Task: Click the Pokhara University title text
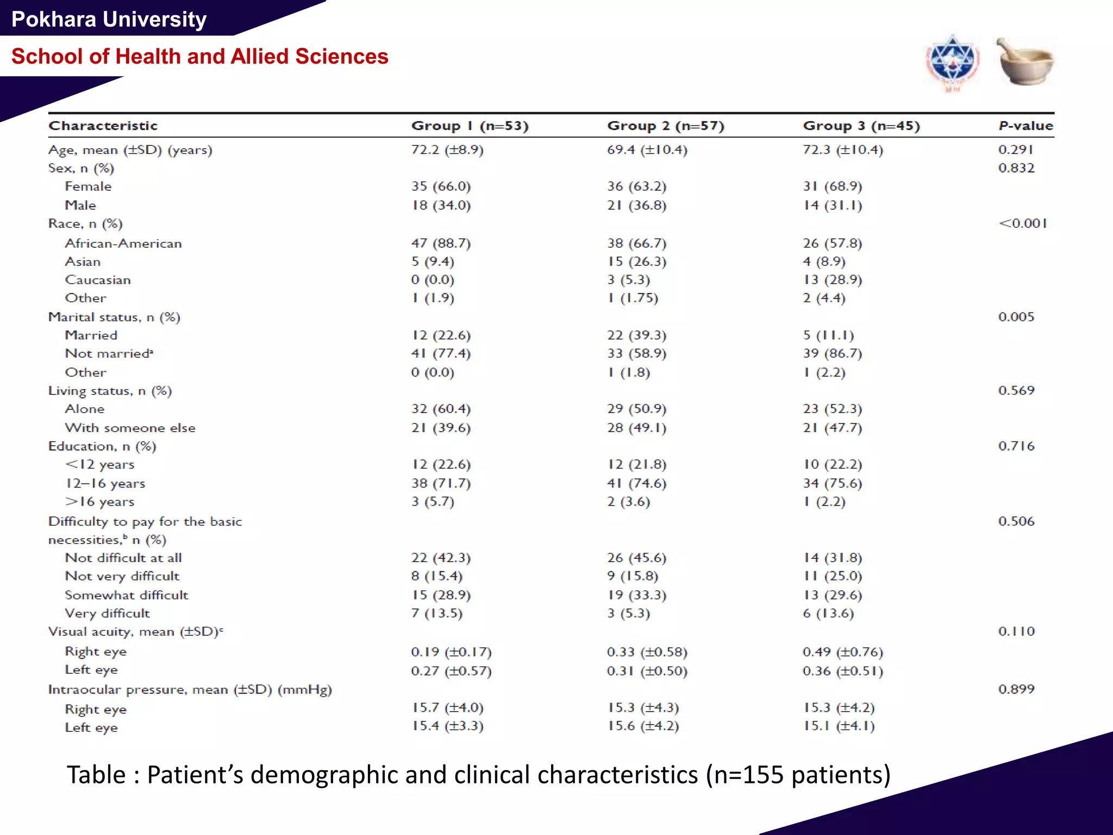pos(109,20)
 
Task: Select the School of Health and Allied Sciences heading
pos(199,57)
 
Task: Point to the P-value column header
pos(1026,126)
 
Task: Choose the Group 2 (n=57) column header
pos(665,126)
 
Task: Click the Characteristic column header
pos(103,126)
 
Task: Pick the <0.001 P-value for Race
pos(1022,223)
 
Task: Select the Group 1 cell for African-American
pos(441,243)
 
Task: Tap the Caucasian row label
pos(98,280)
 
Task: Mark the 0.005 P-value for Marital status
pos(1016,317)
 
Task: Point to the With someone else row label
pos(130,428)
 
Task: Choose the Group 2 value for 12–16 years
pos(636,483)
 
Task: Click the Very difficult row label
pos(107,613)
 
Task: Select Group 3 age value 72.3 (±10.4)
pos(842,149)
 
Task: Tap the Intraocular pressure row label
pos(190,689)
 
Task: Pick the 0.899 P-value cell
pos(1016,689)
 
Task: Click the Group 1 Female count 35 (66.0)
pos(441,186)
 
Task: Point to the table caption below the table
pos(478,775)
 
